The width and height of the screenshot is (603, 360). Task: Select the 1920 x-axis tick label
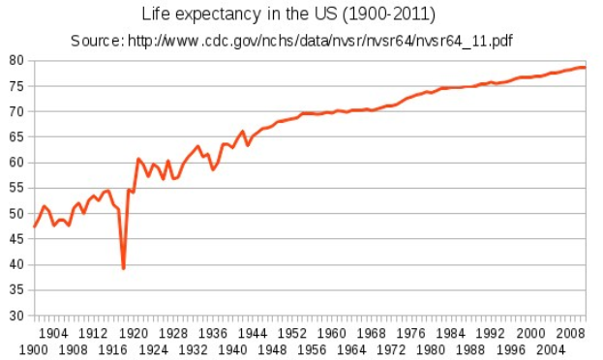point(134,333)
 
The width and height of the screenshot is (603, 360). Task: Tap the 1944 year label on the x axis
point(254,333)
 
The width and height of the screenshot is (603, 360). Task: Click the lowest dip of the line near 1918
point(124,268)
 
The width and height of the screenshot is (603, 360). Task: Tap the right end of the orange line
point(585,67)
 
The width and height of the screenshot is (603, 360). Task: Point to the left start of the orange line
point(35,226)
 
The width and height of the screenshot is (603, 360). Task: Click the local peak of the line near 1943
point(243,132)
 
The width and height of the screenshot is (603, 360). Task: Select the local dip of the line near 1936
point(213,169)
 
